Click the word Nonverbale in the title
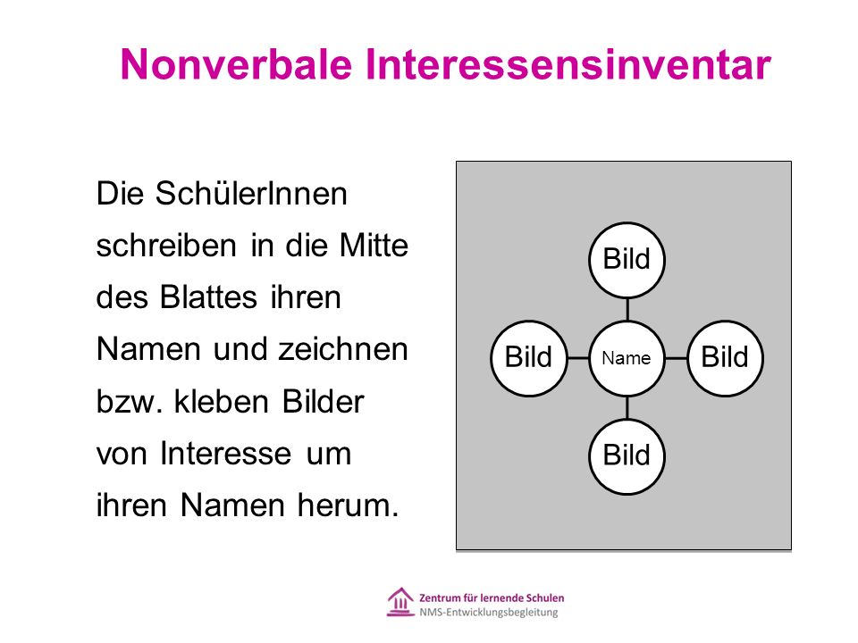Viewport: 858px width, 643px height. click(236, 64)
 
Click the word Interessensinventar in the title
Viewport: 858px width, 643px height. click(568, 64)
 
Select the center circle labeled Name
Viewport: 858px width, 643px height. click(627, 358)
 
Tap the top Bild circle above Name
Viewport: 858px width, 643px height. click(627, 260)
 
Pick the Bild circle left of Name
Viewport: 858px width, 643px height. click(528, 358)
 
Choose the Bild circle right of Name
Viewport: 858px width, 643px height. click(725, 358)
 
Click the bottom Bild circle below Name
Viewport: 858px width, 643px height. click(627, 456)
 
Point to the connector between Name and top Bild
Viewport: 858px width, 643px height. click(627, 310)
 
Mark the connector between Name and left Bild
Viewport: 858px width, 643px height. click(578, 358)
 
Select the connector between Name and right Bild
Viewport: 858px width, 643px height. click(677, 358)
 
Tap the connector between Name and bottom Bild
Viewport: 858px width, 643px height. click(627, 407)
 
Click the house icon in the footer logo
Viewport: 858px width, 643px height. click(400, 602)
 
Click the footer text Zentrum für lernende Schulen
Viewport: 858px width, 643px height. click(492, 597)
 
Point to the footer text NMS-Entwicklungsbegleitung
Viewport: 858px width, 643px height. click(489, 613)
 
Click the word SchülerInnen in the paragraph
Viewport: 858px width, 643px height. click(251, 194)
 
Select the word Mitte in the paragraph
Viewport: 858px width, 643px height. click(374, 245)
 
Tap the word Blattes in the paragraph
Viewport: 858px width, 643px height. click(208, 297)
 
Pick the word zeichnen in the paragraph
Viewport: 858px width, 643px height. click(343, 349)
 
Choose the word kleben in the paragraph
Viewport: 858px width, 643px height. click(222, 401)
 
